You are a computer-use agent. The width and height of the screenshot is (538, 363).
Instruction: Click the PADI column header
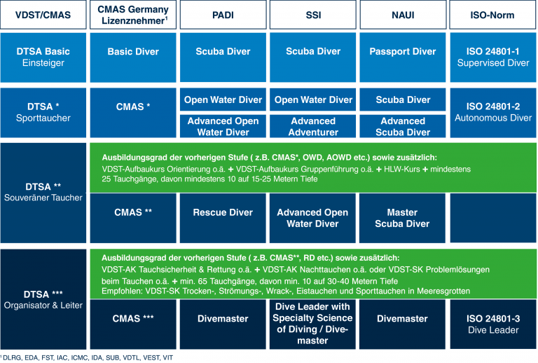[223, 15]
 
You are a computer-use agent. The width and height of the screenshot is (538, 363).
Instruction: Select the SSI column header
[313, 15]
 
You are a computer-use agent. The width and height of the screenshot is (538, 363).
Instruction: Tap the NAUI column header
[403, 15]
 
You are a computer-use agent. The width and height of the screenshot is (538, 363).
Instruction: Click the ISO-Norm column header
[492, 15]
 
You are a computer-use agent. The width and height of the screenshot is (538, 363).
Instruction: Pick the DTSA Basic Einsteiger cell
[43, 57]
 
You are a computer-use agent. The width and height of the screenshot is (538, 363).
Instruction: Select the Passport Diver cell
[403, 57]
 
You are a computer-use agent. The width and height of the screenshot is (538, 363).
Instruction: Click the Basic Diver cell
[133, 57]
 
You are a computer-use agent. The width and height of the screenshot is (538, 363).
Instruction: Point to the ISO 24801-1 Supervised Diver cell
[493, 57]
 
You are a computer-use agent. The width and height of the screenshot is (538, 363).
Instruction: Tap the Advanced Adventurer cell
[313, 126]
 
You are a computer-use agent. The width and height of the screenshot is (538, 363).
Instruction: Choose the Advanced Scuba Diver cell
[403, 126]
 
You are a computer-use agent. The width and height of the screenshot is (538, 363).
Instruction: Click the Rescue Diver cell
[223, 218]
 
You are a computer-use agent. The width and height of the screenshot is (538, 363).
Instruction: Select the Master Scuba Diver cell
[403, 218]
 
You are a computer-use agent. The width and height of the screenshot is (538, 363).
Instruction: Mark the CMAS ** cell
[133, 218]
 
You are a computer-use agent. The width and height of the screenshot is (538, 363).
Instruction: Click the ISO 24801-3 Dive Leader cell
[493, 324]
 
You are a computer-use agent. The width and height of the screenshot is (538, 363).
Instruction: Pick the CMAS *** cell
[133, 324]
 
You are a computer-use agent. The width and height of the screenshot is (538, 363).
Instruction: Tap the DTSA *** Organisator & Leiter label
[43, 299]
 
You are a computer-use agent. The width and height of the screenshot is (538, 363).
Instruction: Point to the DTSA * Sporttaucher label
[43, 112]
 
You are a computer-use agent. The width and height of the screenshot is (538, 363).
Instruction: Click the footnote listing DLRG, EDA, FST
[86, 358]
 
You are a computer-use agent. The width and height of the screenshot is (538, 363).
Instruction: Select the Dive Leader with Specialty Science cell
[312, 324]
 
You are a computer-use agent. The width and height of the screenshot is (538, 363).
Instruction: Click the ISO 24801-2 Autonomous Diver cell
[493, 113]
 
